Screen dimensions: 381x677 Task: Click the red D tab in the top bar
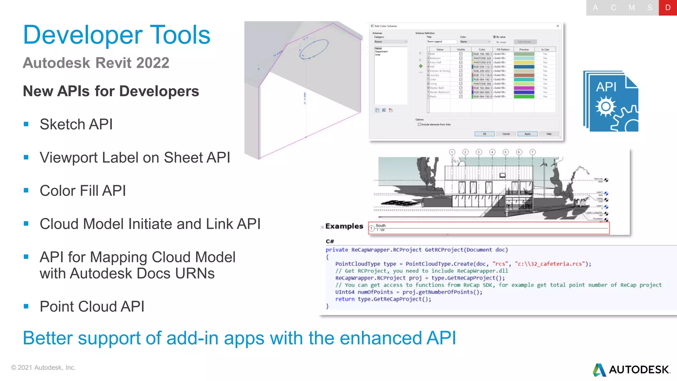pyautogui.click(x=667, y=8)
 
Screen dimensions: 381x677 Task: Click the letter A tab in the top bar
pyautogui.click(x=595, y=8)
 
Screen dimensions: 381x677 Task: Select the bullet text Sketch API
pyautogui.click(x=76, y=125)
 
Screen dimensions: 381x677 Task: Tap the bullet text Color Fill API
pyautogui.click(x=83, y=191)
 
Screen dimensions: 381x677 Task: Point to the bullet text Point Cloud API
pyautogui.click(x=92, y=307)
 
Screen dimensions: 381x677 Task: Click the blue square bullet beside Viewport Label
pyautogui.click(x=26, y=157)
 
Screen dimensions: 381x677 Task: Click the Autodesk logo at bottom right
pyautogui.click(x=632, y=369)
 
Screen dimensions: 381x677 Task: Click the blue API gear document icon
pyautogui.click(x=611, y=102)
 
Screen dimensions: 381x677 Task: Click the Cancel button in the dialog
pyautogui.click(x=506, y=134)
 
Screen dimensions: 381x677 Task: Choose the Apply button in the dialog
pyautogui.click(x=527, y=134)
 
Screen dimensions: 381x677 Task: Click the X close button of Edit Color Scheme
pyautogui.click(x=558, y=26)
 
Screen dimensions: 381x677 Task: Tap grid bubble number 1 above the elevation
pyautogui.click(x=452, y=152)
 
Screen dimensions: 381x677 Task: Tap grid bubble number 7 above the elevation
pyautogui.click(x=532, y=152)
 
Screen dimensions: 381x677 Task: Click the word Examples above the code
pyautogui.click(x=344, y=226)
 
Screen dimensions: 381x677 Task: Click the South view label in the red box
pyautogui.click(x=380, y=226)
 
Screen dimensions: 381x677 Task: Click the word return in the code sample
pyautogui.click(x=344, y=299)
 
